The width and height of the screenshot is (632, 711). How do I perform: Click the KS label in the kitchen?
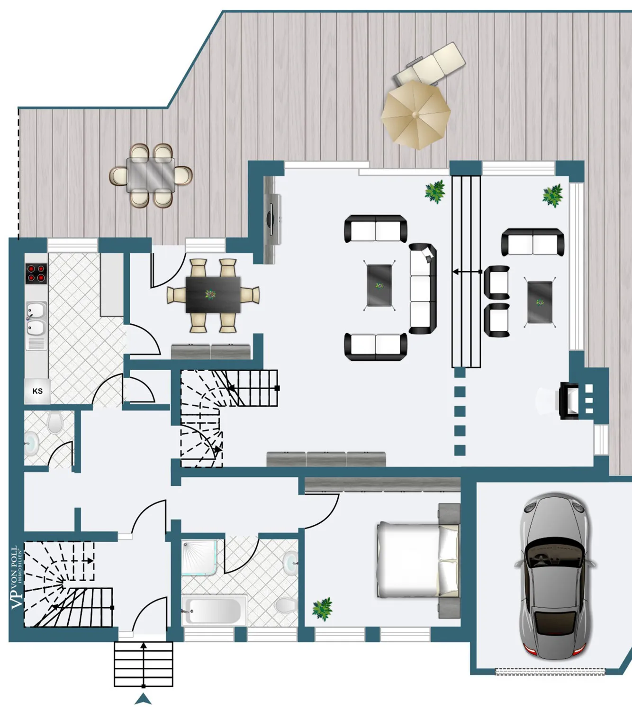(37, 391)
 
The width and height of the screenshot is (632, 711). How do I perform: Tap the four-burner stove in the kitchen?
(36, 273)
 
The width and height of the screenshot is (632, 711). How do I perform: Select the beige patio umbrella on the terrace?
(415, 115)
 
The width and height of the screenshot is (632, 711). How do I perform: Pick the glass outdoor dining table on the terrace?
(151, 175)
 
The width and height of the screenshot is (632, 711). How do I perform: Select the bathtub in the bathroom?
(214, 611)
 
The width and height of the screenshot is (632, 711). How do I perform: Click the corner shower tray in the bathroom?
(199, 558)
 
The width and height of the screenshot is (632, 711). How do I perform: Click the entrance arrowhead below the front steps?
(143, 699)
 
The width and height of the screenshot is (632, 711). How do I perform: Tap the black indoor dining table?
(213, 294)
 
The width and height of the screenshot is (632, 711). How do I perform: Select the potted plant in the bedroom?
(322, 609)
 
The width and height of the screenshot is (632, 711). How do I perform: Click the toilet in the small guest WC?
(54, 422)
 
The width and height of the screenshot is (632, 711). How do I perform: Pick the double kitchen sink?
(36, 319)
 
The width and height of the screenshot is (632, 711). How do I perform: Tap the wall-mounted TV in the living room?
(271, 220)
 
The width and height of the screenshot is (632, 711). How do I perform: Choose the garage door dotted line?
(551, 671)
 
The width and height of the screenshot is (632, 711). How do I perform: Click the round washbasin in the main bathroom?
(290, 563)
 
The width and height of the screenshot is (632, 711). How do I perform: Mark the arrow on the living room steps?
(467, 272)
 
